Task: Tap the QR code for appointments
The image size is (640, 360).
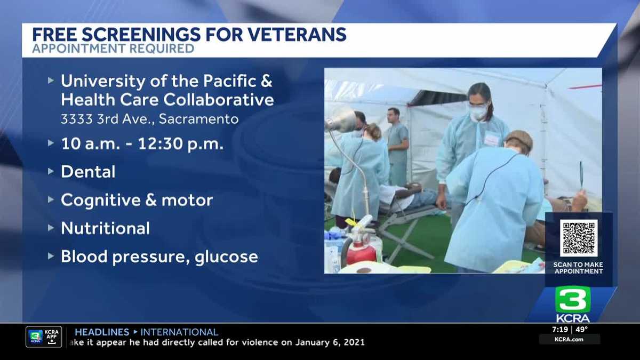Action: point(579,238)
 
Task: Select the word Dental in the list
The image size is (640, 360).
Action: point(88,172)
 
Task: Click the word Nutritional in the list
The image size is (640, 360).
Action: point(106,228)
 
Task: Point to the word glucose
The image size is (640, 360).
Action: point(226,257)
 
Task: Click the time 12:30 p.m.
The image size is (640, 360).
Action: point(181,143)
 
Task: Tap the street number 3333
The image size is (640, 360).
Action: point(77,119)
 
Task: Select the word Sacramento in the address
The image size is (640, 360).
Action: point(198,119)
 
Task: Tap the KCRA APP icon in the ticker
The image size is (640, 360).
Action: point(44,337)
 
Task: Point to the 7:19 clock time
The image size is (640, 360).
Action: point(560,330)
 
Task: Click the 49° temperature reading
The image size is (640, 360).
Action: point(582,330)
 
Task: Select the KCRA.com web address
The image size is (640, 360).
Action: point(569,339)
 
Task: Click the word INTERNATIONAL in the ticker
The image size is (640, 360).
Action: point(179,332)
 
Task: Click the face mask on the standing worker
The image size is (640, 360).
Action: point(477,112)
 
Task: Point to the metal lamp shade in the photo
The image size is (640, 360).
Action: point(341,121)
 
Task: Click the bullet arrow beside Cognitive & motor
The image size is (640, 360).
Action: point(51,199)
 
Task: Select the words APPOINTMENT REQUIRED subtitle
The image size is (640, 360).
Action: point(113,49)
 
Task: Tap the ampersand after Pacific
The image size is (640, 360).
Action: point(266,81)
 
